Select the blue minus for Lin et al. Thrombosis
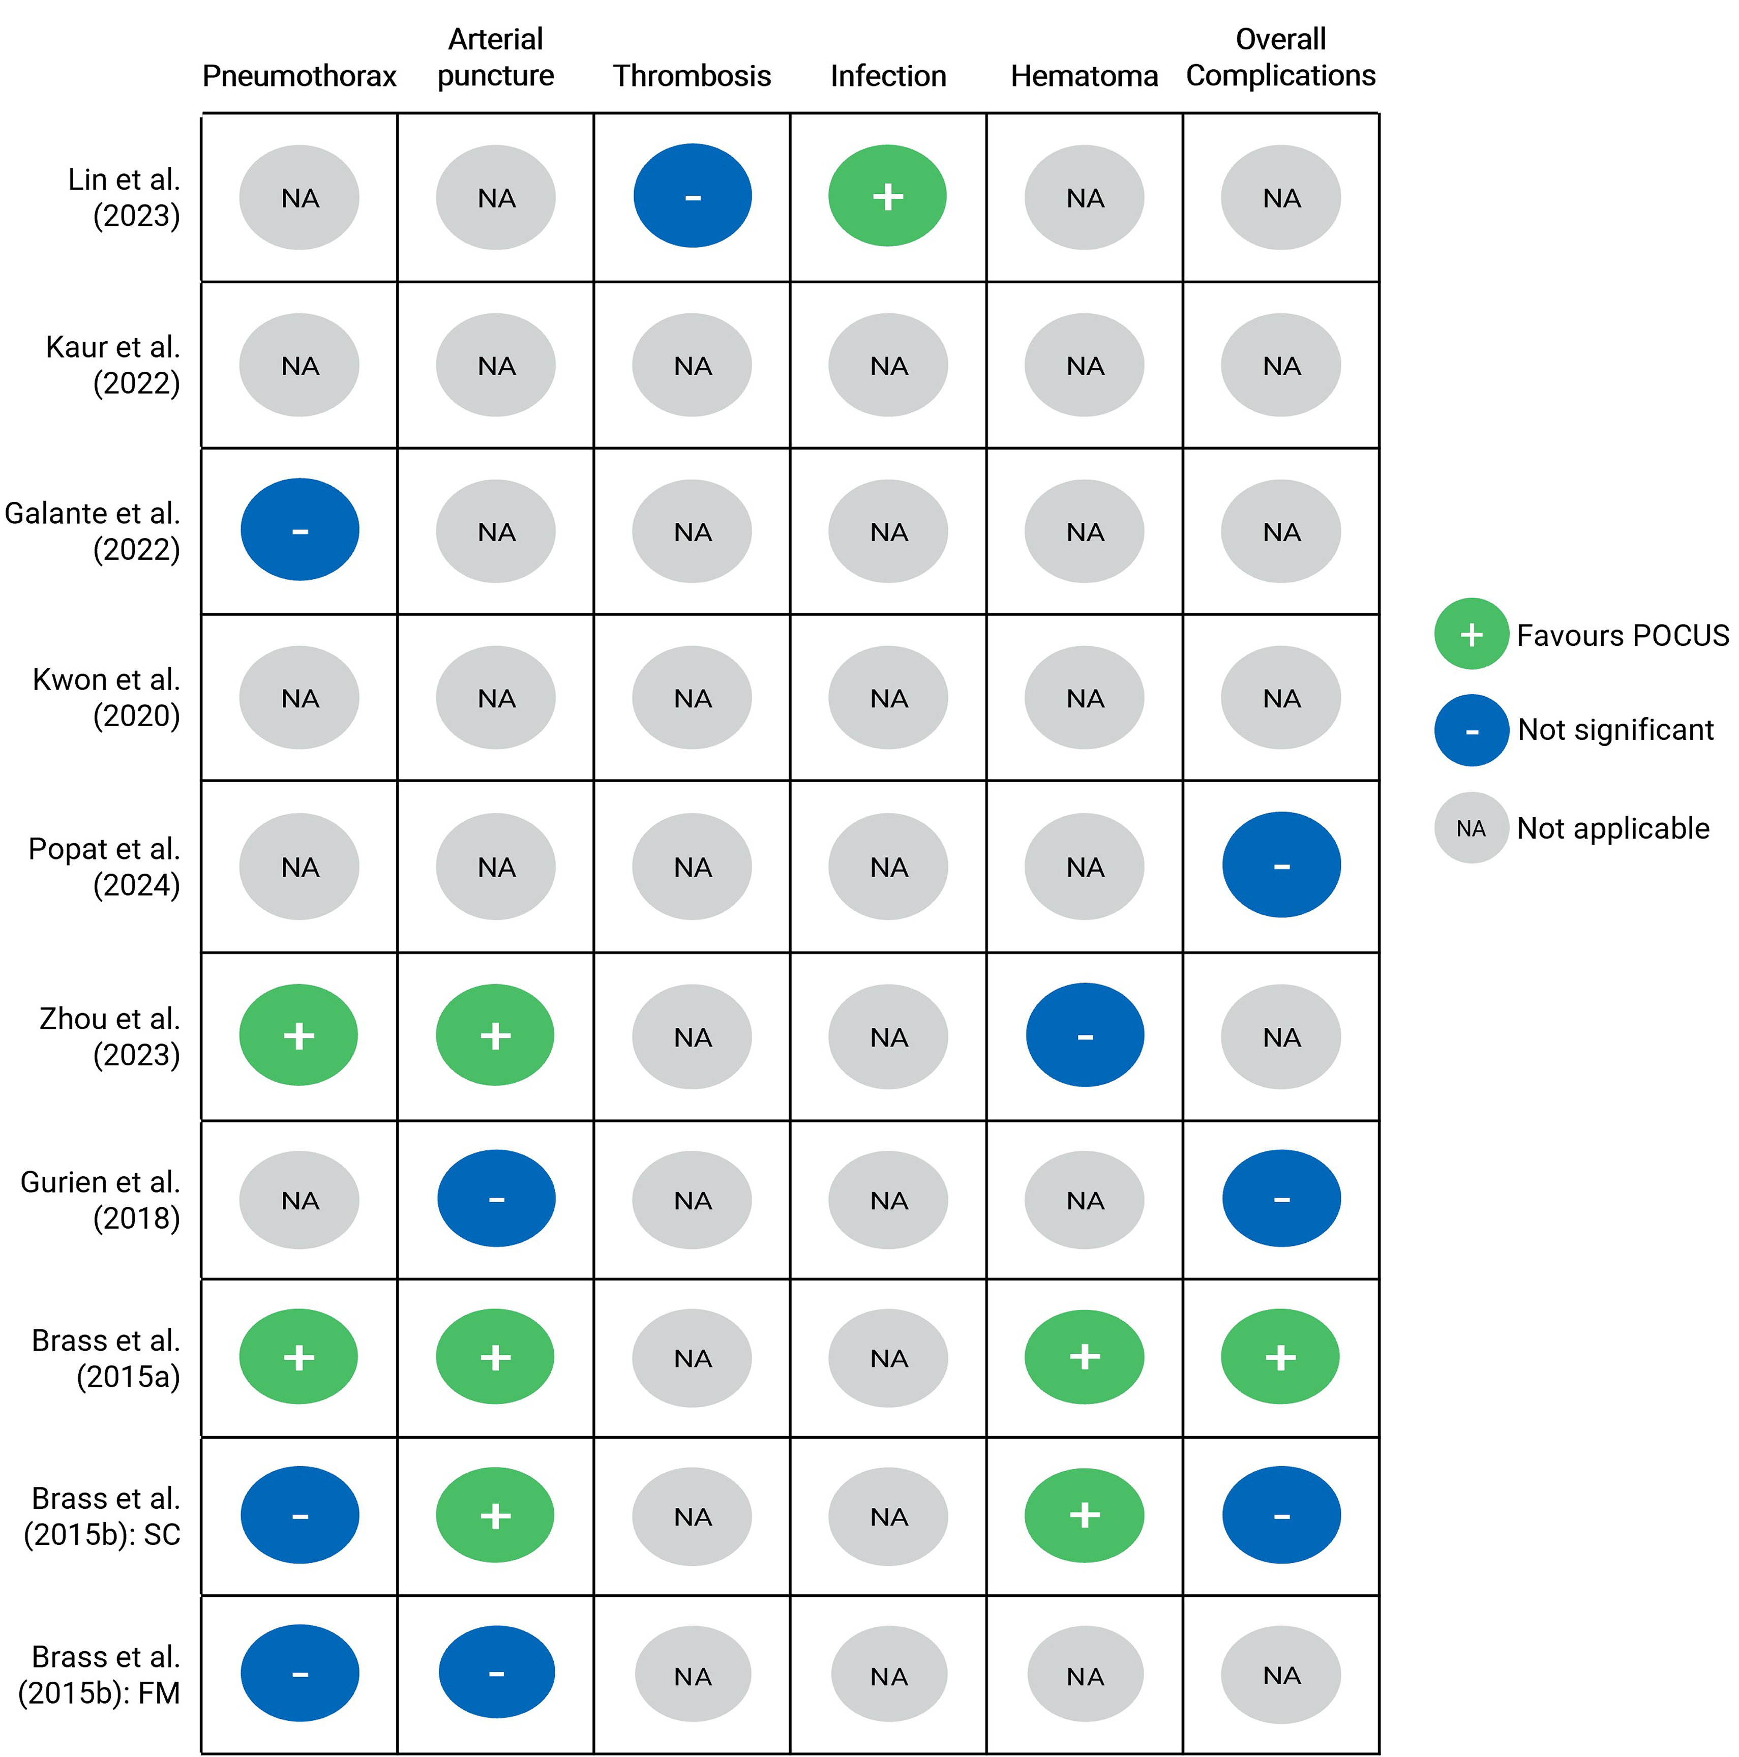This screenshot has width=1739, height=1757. click(x=692, y=195)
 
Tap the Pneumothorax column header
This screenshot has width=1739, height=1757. click(x=299, y=75)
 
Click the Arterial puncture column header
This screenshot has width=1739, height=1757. click(x=496, y=57)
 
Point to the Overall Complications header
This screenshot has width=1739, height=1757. click(x=1280, y=57)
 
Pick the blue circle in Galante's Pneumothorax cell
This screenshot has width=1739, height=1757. click(x=299, y=529)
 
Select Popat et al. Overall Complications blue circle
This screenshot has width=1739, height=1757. click(x=1280, y=865)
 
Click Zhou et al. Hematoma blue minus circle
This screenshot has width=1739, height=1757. click(x=1084, y=1035)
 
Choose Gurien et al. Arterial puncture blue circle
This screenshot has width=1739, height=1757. click(x=496, y=1199)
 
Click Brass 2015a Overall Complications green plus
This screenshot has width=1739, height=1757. click(x=1280, y=1357)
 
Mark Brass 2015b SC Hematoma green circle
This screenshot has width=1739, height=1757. click(x=1084, y=1515)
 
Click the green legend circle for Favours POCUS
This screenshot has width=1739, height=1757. click(x=1471, y=634)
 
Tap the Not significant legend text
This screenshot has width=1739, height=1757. click(x=1615, y=729)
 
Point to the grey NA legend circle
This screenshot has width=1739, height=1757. click(x=1471, y=827)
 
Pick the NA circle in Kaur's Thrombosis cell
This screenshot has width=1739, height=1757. click(x=692, y=366)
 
